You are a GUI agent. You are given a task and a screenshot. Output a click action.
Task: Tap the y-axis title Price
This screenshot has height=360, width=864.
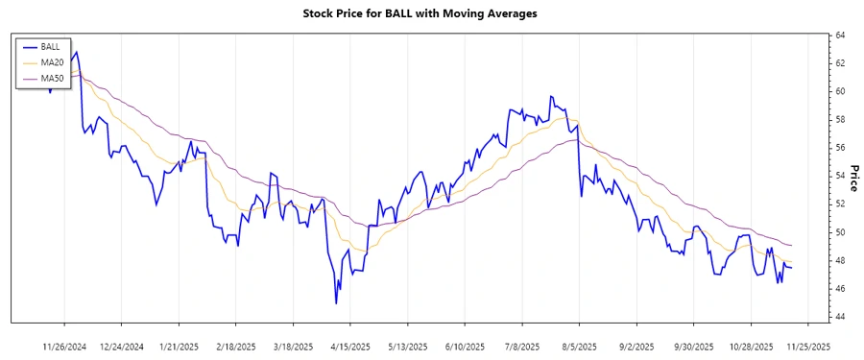point(853,178)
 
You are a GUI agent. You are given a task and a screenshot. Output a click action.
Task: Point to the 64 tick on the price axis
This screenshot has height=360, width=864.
point(839,36)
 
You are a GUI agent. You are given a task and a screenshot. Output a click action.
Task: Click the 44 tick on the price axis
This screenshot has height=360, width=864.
point(839,317)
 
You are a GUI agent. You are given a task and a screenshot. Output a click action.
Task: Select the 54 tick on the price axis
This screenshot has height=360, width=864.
point(839,176)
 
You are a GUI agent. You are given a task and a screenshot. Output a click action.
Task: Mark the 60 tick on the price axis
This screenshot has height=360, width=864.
point(839,91)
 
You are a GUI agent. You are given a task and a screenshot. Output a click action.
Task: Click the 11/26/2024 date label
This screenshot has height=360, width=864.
point(65,347)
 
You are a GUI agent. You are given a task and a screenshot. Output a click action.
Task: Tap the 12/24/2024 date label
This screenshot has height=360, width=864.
point(122,347)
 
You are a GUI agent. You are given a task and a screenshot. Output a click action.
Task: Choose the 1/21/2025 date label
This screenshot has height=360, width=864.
point(179,347)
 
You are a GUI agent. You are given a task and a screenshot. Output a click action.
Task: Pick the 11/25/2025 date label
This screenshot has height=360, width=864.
point(807,347)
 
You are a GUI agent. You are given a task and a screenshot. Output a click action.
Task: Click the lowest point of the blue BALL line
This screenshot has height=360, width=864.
point(336,303)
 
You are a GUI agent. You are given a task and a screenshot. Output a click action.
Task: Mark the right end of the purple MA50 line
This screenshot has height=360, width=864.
point(792,245)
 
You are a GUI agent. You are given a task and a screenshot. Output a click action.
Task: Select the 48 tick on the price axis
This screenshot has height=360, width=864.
point(839,260)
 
